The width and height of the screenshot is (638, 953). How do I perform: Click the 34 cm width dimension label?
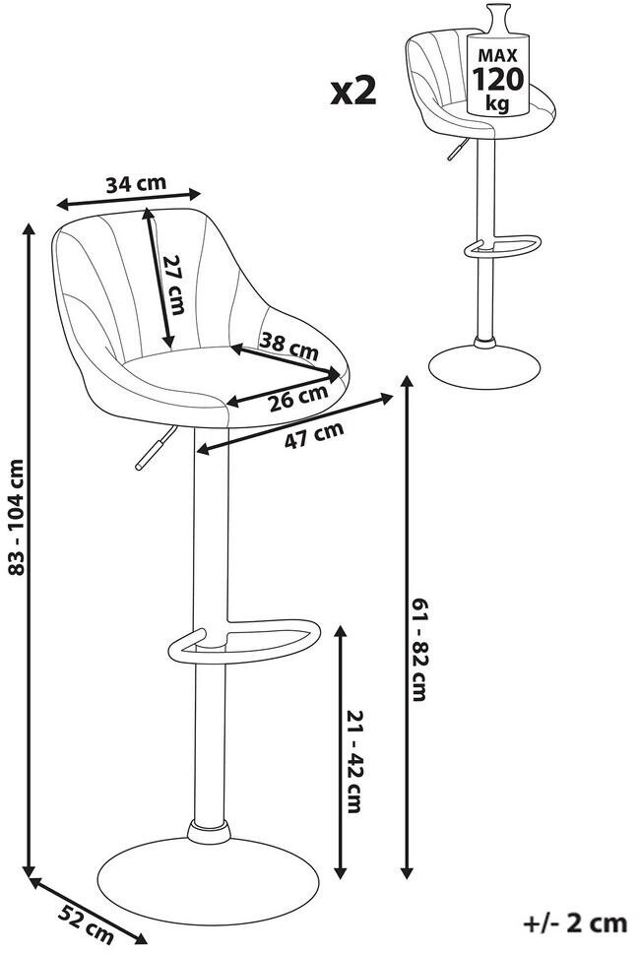click(x=136, y=183)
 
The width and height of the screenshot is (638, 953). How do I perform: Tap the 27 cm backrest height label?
click(x=174, y=285)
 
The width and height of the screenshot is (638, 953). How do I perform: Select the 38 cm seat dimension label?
click(x=288, y=346)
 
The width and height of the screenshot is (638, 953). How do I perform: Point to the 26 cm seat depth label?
click(x=298, y=398)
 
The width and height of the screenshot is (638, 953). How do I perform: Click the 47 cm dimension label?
click(x=314, y=433)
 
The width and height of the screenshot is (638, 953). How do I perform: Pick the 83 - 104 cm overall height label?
click(x=17, y=517)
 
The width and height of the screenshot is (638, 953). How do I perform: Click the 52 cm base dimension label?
click(x=87, y=920)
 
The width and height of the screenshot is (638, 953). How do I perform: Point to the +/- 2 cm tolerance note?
click(x=575, y=923)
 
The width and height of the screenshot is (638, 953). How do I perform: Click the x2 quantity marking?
click(x=353, y=92)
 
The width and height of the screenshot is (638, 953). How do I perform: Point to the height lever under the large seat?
click(x=156, y=447)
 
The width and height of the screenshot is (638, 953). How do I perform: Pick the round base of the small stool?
click(x=484, y=367)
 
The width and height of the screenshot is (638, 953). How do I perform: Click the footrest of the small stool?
click(x=502, y=245)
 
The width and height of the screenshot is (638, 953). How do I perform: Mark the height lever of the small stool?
click(x=458, y=149)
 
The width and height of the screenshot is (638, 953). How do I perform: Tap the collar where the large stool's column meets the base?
click(x=209, y=832)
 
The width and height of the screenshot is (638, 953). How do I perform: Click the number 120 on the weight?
click(x=497, y=80)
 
